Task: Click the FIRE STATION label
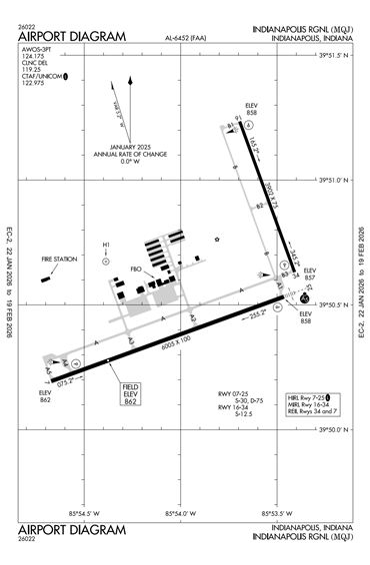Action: click(x=59, y=260)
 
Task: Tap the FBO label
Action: click(x=137, y=268)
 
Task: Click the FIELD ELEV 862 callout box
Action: click(x=131, y=391)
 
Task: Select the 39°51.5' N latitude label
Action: click(x=337, y=56)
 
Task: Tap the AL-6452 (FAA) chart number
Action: click(x=188, y=38)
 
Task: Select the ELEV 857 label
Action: click(x=310, y=275)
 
